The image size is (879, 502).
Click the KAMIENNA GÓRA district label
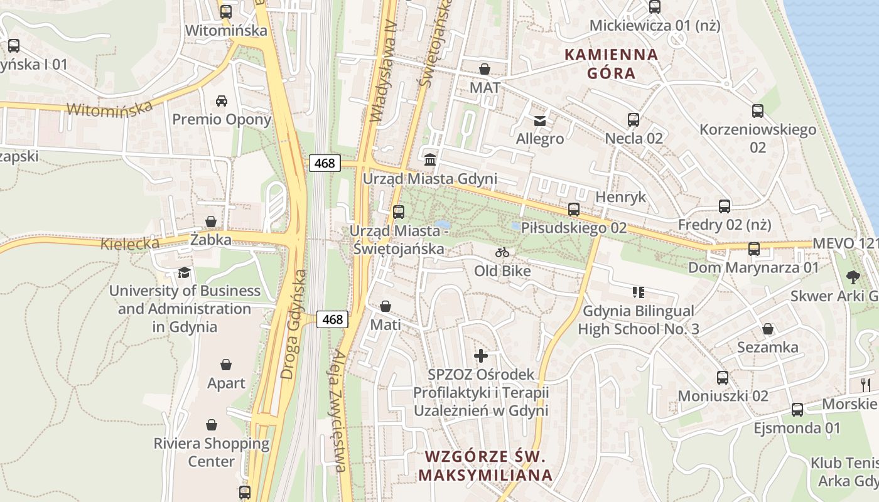tap(612, 64)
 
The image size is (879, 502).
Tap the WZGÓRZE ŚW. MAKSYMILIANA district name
tap(485, 466)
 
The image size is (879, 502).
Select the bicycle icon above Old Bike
tap(502, 252)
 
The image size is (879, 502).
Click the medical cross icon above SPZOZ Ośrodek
tap(481, 356)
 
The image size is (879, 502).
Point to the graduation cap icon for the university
tap(184, 272)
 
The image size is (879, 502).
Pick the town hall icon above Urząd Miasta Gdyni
tap(430, 159)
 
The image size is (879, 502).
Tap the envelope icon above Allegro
tap(540, 120)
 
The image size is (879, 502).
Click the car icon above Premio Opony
tap(222, 100)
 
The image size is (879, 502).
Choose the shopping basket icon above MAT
tap(485, 68)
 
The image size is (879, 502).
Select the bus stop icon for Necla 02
tap(634, 119)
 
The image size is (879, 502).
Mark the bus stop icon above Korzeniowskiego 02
tap(758, 111)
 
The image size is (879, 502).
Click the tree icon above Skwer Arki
tap(853, 276)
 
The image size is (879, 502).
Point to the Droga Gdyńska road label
tap(294, 324)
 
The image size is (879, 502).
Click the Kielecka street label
tap(129, 243)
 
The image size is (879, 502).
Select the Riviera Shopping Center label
tap(212, 452)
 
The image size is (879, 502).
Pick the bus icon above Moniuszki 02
tap(723, 377)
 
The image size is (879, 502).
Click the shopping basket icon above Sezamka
tap(767, 329)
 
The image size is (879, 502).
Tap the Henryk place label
tap(620, 197)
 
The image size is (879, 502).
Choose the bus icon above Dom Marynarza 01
tap(754, 249)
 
